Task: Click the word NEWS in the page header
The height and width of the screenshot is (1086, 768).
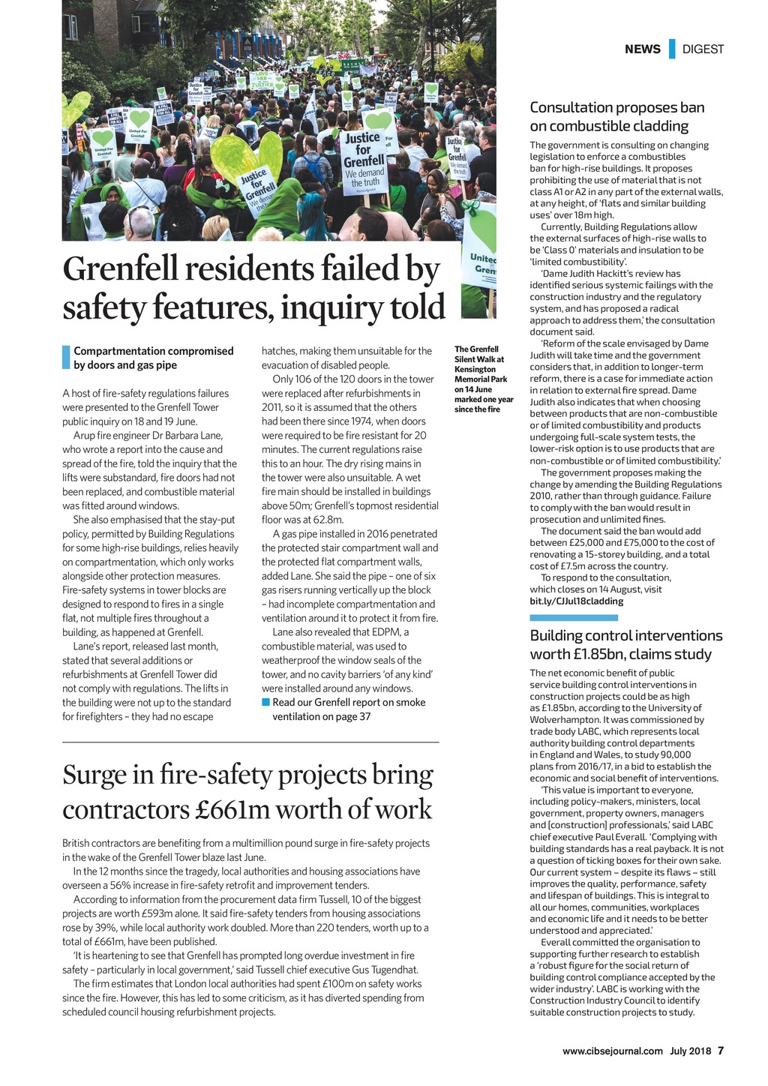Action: [642, 49]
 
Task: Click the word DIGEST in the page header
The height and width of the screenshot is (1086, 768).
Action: [703, 49]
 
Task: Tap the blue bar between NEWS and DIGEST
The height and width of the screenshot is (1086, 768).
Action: [672, 49]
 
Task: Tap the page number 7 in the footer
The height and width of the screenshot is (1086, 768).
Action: [721, 1050]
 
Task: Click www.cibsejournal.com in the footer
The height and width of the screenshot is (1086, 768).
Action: [613, 1050]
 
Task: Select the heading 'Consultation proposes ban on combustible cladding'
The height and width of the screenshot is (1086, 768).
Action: [616, 116]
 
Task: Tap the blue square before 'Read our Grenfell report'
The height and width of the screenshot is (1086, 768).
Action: [265, 702]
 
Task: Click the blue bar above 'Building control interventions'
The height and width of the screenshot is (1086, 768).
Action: [573, 618]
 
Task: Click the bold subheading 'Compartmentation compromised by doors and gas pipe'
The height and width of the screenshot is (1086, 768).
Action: [153, 358]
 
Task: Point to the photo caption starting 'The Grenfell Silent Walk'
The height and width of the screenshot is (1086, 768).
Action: [484, 379]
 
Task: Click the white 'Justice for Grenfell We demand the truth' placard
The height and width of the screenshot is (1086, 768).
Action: [364, 158]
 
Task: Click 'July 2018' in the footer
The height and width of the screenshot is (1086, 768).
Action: [691, 1050]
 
